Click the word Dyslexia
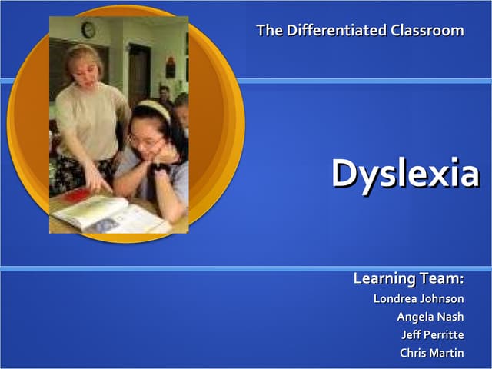click(x=405, y=174)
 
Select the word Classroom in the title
click(x=427, y=31)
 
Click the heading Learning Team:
click(x=408, y=278)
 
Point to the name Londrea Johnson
click(x=418, y=298)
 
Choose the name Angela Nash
click(x=430, y=317)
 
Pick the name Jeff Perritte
click(x=432, y=335)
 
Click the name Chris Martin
click(x=431, y=354)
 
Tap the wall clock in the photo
click(x=88, y=30)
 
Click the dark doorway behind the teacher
click(x=138, y=73)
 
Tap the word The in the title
click(x=269, y=31)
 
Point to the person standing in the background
click(x=164, y=96)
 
